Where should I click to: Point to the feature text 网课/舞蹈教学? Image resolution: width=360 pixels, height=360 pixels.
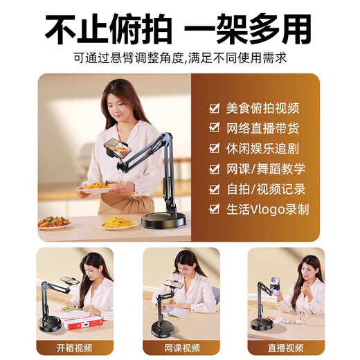pos(265,168)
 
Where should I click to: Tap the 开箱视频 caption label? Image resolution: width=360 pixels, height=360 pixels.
pos(74,346)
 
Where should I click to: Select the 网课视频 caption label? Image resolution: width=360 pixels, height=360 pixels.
pos(181,346)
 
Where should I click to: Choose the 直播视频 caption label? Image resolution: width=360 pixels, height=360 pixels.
pos(285,346)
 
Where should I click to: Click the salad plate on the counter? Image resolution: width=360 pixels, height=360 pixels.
pos(53,222)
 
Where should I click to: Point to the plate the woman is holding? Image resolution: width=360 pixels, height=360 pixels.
pos(96,186)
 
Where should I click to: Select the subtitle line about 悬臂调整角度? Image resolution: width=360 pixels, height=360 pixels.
pos(179,57)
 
